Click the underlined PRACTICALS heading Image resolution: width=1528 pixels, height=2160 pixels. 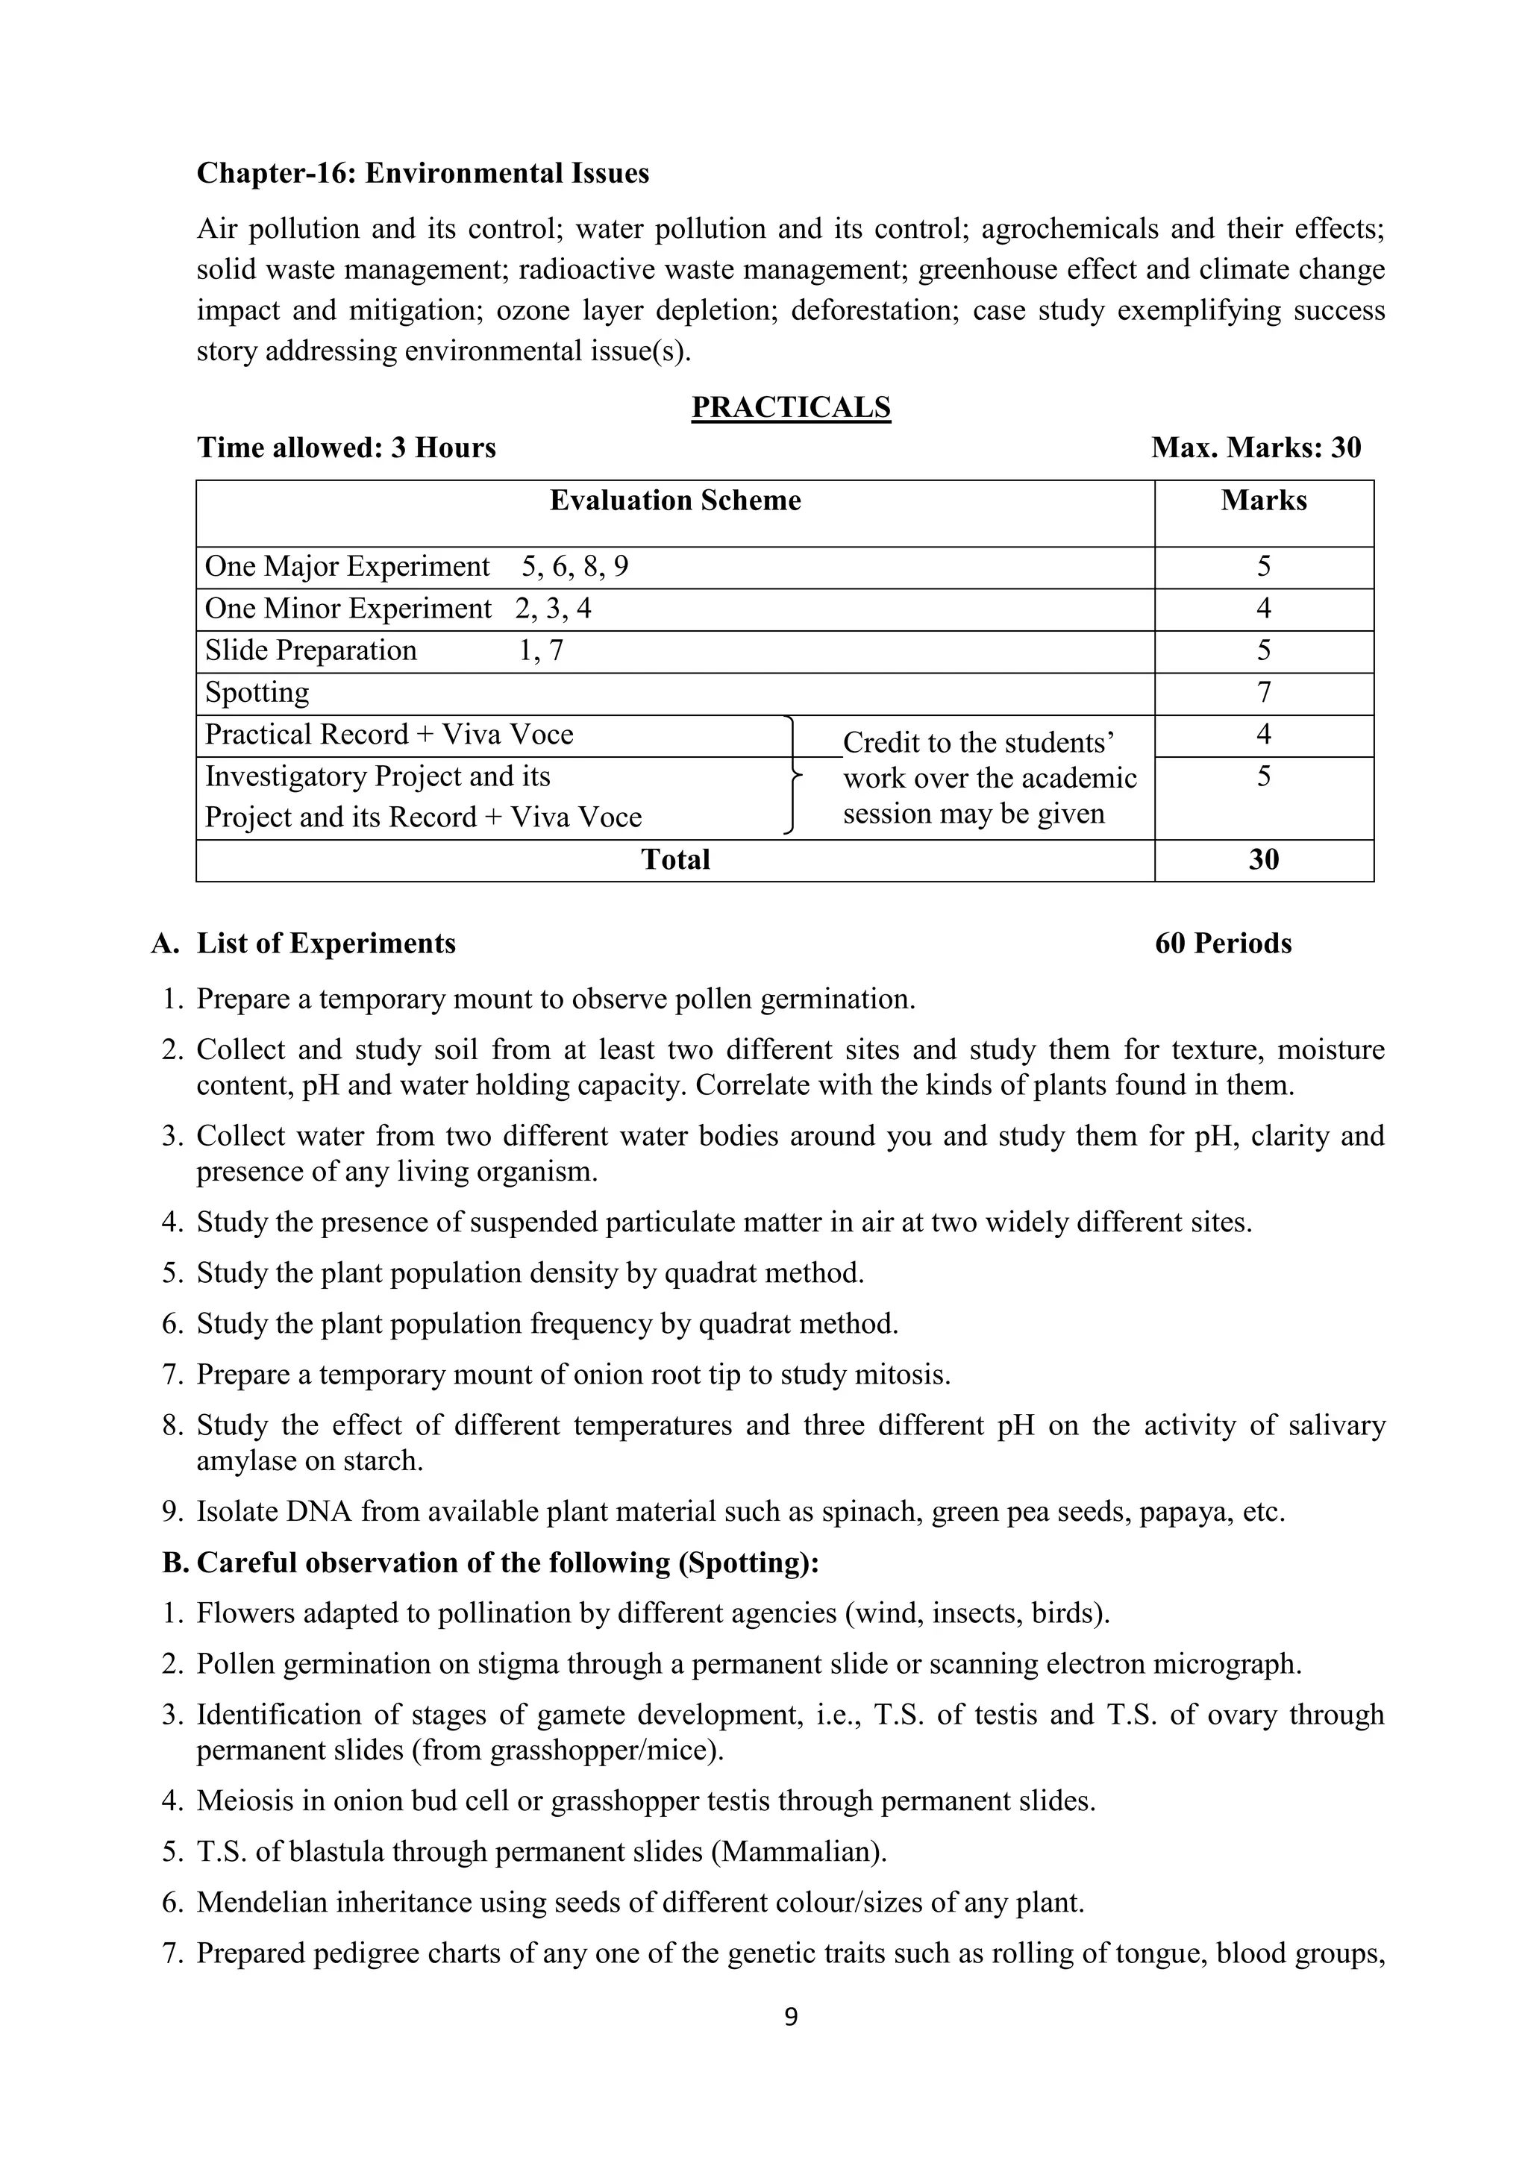pyautogui.click(x=790, y=407)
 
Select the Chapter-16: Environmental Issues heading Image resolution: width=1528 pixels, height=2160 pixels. pyautogui.click(x=422, y=173)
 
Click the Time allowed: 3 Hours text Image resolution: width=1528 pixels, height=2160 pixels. pyautogui.click(x=346, y=448)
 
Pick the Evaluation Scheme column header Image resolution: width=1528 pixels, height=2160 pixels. pyautogui.click(x=674, y=500)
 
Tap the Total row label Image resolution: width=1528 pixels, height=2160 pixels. pyautogui.click(x=674, y=859)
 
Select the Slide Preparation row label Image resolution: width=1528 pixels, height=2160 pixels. pyautogui.click(x=310, y=650)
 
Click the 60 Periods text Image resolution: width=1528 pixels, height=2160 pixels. pyautogui.click(x=1222, y=944)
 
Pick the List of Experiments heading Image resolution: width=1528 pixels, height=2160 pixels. pyautogui.click(x=325, y=944)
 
